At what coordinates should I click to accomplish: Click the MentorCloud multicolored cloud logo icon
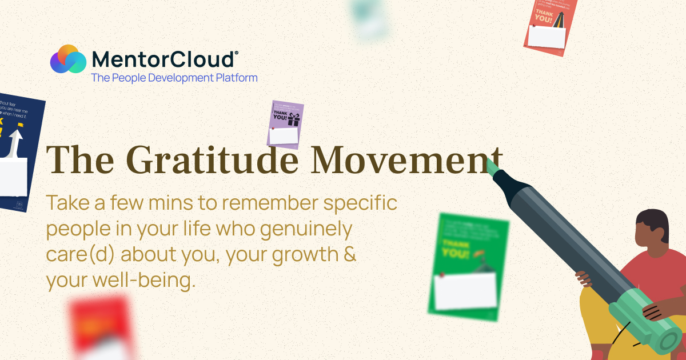(x=67, y=59)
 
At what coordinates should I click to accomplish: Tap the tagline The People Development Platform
(x=174, y=78)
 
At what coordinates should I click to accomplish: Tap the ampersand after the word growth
(x=350, y=254)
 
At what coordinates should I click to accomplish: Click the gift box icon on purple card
(x=294, y=119)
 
